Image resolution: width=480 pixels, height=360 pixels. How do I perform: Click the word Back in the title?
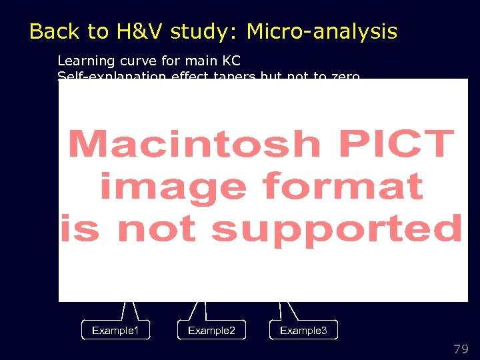coord(51,31)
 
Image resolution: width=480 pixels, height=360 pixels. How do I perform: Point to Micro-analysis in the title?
coord(321,31)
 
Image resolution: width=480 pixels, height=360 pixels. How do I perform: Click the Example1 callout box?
coord(115,330)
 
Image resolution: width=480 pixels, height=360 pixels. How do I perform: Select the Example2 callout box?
coord(211,330)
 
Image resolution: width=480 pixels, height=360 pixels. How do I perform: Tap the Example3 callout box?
coord(303,330)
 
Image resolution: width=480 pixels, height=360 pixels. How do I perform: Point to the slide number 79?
coord(461,349)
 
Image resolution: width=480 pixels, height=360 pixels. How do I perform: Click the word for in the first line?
coord(171,61)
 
